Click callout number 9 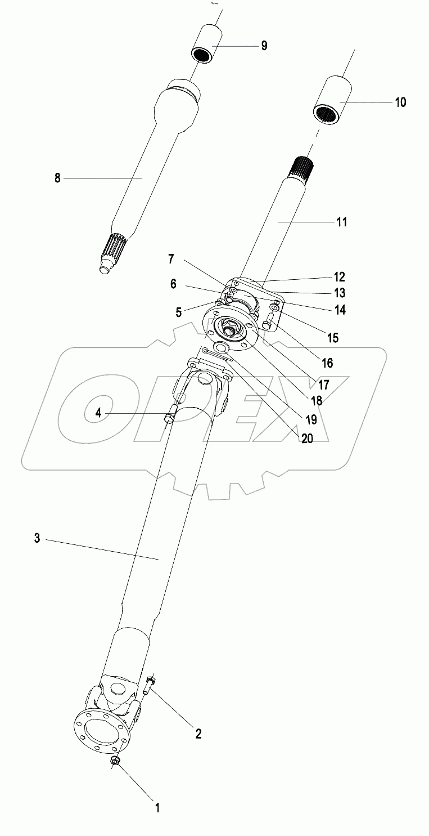click(x=264, y=46)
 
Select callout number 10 click(x=400, y=102)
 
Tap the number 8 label click(x=57, y=178)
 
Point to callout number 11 click(x=342, y=222)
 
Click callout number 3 click(x=37, y=539)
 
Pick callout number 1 click(x=157, y=808)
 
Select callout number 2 click(x=198, y=734)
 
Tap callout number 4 click(x=98, y=413)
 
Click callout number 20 click(x=307, y=439)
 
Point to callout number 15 click(x=333, y=338)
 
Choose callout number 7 click(x=171, y=260)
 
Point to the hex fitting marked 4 click(x=169, y=418)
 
